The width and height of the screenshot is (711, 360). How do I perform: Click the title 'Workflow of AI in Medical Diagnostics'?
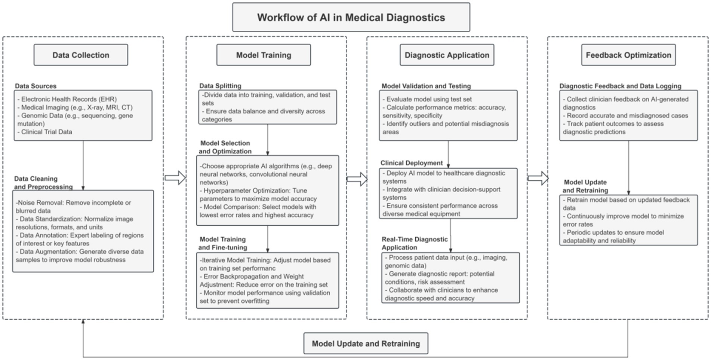tap(351, 18)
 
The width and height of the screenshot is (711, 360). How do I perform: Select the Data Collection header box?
tap(81, 55)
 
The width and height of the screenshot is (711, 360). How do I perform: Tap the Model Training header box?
tap(264, 55)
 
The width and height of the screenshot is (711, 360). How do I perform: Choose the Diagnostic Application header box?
tap(447, 55)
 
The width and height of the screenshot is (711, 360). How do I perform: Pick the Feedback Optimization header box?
tap(628, 55)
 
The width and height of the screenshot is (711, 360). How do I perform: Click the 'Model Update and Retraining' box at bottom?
tap(366, 344)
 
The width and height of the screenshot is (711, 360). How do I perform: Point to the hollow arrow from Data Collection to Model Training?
tap(175, 178)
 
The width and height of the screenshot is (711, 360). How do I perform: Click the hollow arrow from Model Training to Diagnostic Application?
tap(357, 179)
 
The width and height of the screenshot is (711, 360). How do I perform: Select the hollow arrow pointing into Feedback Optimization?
tap(538, 178)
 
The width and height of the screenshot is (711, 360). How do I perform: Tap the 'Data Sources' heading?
tap(36, 86)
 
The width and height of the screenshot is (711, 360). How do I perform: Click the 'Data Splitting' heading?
tap(220, 86)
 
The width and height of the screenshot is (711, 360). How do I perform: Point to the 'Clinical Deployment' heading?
tap(412, 163)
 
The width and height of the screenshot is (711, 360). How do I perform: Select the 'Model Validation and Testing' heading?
tap(426, 86)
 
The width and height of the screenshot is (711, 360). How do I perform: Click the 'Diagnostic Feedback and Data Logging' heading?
tap(620, 86)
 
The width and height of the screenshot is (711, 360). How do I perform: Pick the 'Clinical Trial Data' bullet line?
tap(46, 132)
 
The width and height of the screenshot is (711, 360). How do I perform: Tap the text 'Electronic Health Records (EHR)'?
tap(69, 99)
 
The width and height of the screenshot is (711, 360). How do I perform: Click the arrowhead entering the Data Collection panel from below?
tap(83, 321)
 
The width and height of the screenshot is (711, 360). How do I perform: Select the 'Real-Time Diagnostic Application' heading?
tap(415, 243)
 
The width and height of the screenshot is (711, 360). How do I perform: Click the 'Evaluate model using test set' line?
tap(429, 99)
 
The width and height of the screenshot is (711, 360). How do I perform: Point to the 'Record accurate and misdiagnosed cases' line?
tap(627, 116)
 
